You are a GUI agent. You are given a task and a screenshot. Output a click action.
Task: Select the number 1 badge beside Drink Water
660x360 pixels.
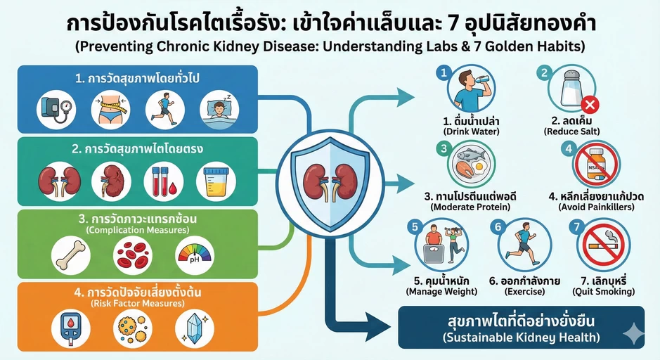click(442, 72)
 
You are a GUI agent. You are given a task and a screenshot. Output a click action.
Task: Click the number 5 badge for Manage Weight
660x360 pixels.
click(415, 227)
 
